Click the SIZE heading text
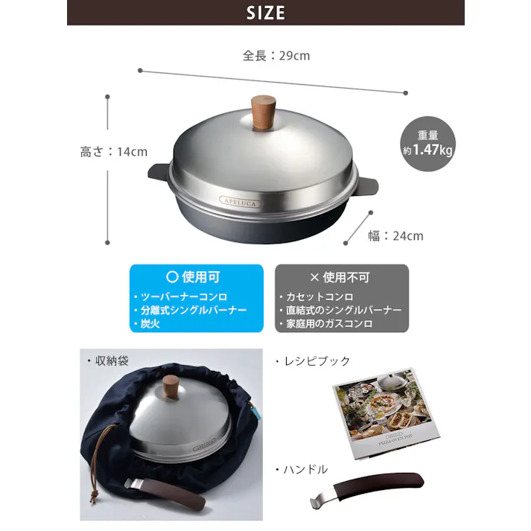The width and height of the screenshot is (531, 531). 265,13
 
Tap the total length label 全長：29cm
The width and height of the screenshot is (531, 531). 276,56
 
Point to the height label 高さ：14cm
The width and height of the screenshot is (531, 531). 113,152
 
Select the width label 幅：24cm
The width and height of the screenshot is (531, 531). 395,236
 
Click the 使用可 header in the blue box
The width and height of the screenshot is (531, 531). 196,277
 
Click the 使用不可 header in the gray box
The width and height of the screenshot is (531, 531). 340,277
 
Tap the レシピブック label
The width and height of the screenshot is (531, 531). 312,361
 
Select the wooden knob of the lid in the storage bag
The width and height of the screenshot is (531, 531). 173,388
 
